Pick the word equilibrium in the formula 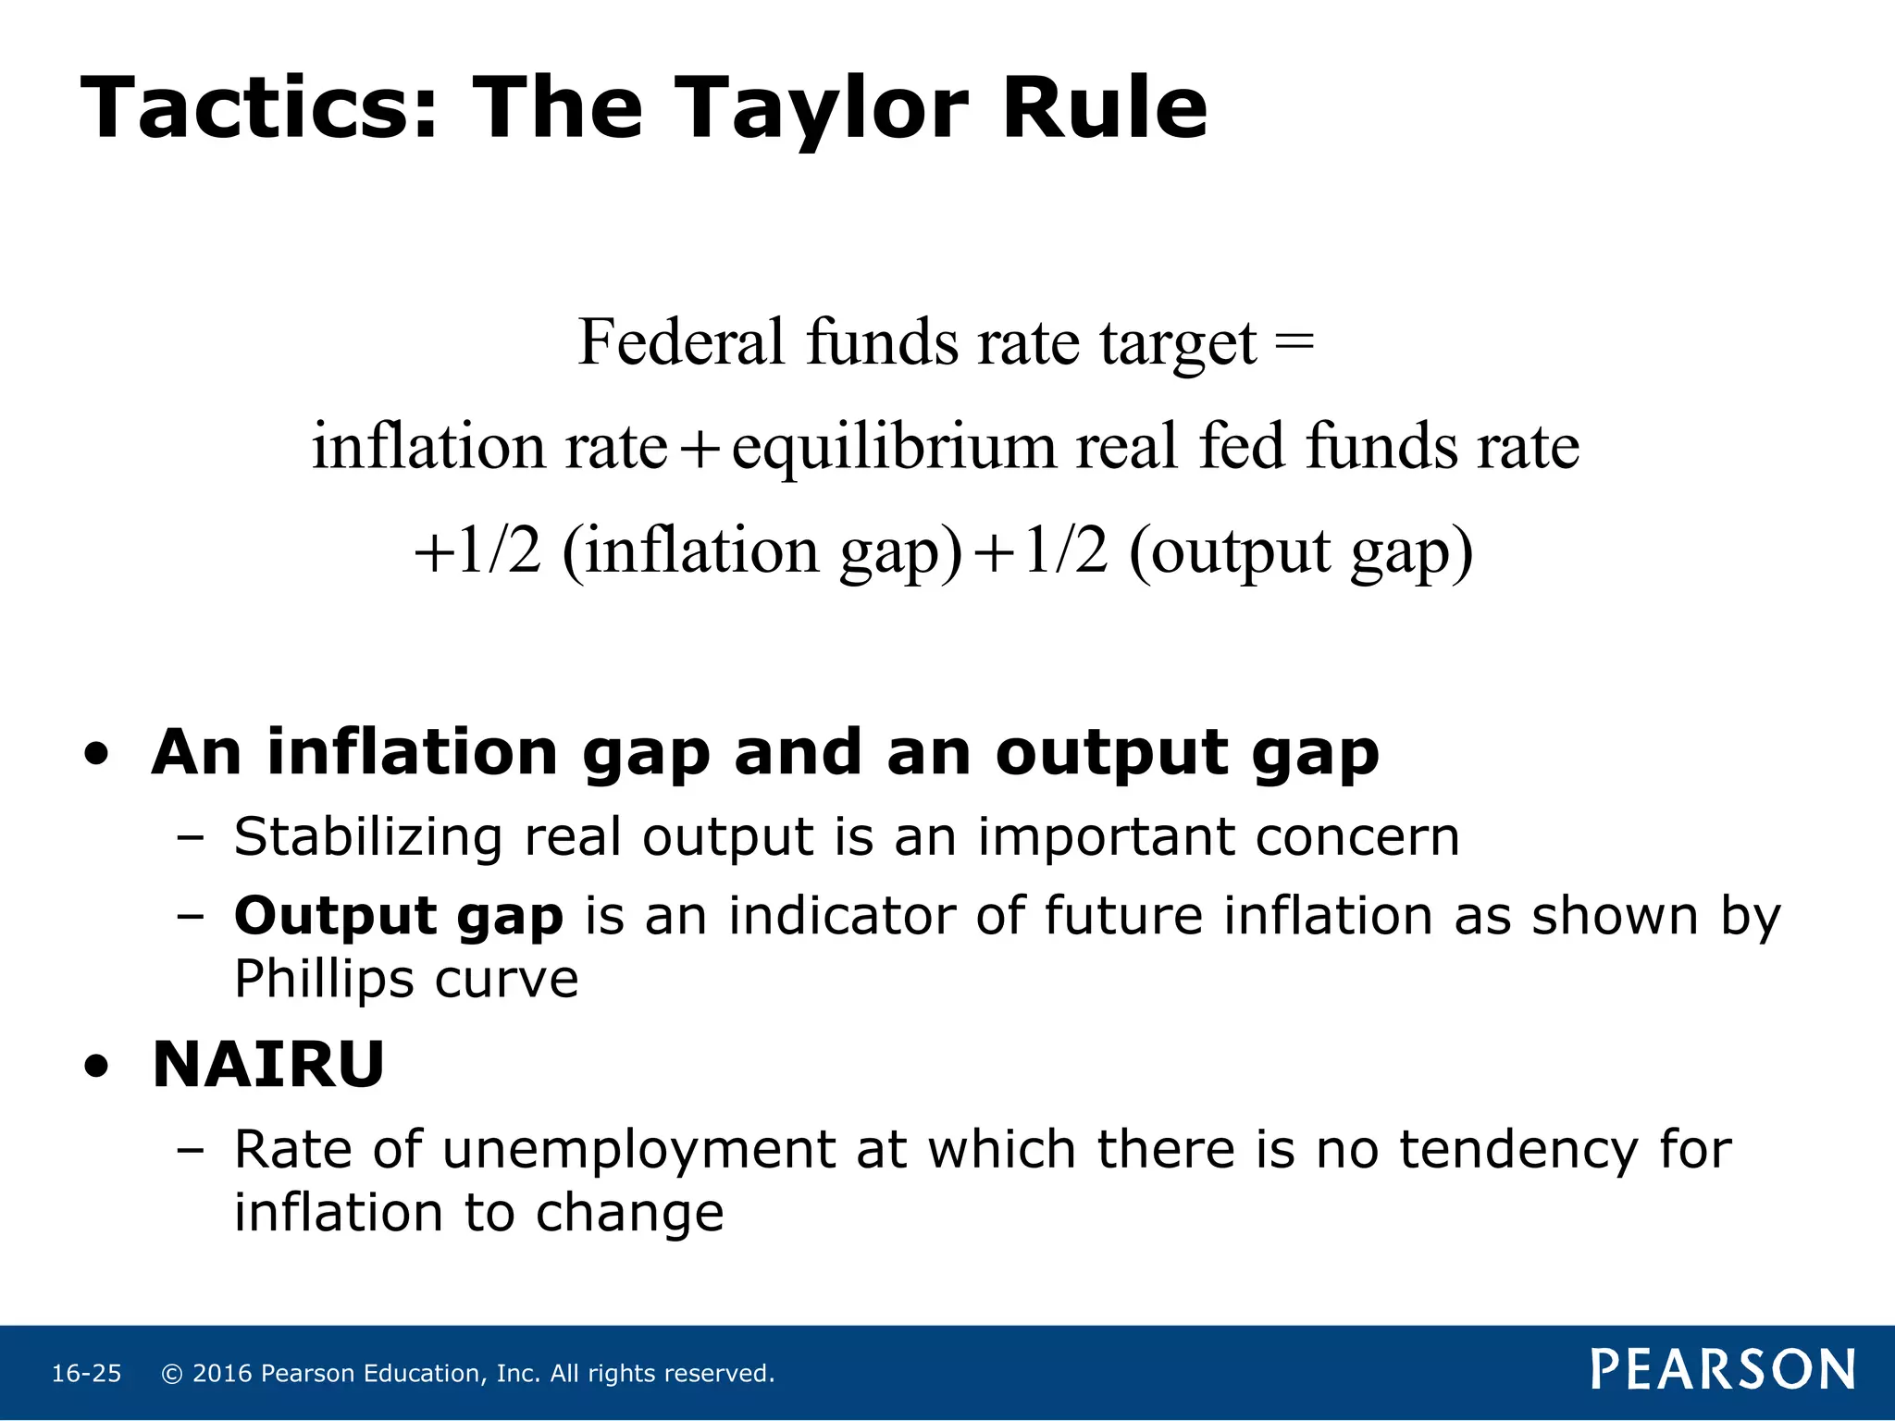(894, 448)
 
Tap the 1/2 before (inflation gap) (500, 551)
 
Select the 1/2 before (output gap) (1066, 551)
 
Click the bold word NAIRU (268, 1065)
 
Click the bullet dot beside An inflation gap (96, 755)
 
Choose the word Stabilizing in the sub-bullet (368, 838)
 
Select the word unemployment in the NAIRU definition (638, 1150)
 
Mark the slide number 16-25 (86, 1374)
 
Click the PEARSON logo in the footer (1723, 1370)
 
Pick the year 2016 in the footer (222, 1374)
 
